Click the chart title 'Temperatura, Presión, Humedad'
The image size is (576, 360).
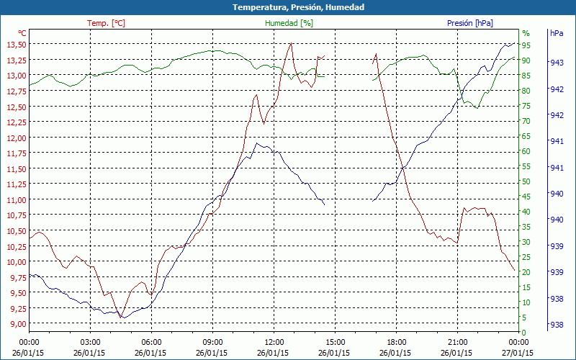(288, 7)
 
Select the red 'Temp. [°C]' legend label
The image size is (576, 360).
(106, 23)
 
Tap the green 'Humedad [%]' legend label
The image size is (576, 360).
(289, 23)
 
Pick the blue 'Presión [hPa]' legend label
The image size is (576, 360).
(469, 23)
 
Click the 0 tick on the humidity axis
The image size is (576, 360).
(524, 332)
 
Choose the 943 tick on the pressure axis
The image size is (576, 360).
(557, 63)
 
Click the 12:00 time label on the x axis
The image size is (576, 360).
(274, 342)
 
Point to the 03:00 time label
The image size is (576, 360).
(90, 342)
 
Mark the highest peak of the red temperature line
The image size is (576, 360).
(291, 43)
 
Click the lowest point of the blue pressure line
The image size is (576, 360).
(122, 318)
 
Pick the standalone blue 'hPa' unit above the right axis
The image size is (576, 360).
(557, 33)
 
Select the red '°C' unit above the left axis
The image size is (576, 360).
(22, 33)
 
